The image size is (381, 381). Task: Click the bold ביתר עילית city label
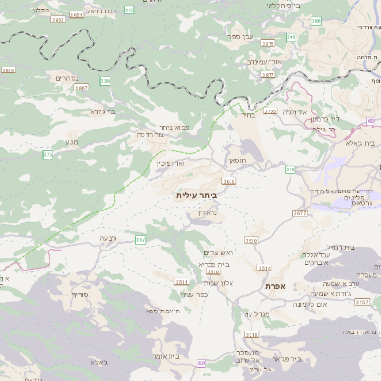pos(197,194)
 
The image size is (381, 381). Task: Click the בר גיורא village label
pos(103,110)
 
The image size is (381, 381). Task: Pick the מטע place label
pos(71,142)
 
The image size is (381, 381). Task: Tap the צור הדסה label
pos(153,134)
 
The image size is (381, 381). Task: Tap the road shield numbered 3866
pos(9,70)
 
